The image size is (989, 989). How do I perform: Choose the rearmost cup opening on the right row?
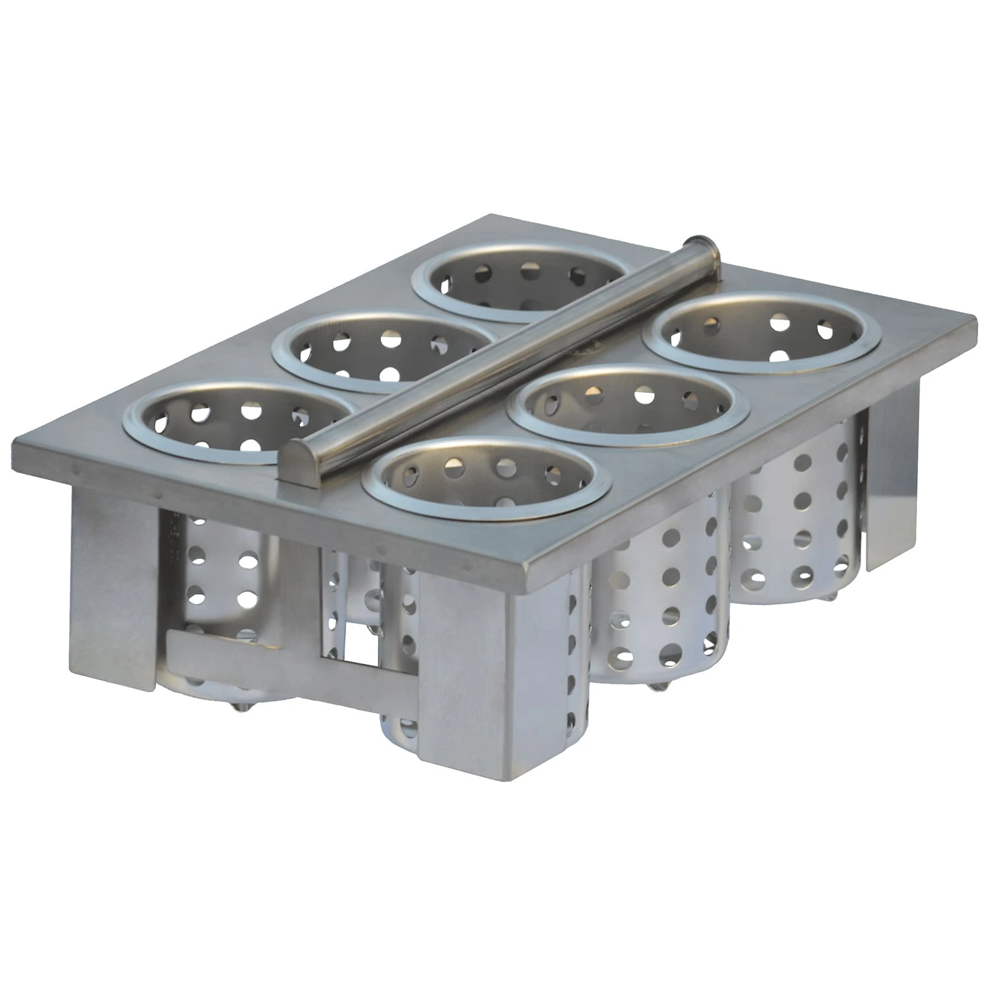click(x=762, y=330)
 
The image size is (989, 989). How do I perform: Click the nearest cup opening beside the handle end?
click(x=485, y=475)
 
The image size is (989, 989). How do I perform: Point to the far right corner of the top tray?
click(x=973, y=323)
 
